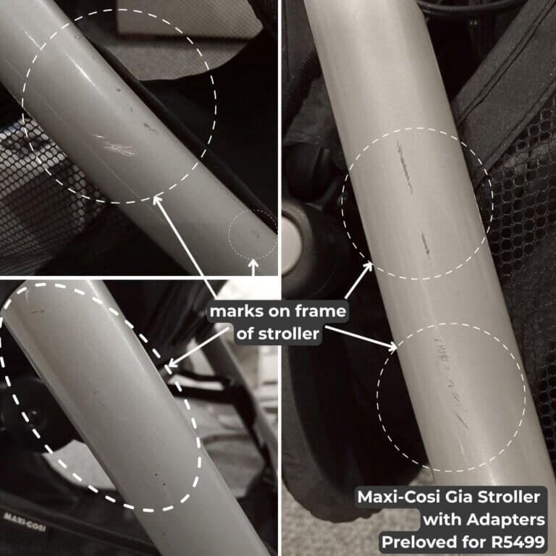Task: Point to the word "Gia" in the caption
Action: tap(460, 499)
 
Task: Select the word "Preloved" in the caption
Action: tap(419, 541)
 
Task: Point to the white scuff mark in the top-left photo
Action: tap(116, 147)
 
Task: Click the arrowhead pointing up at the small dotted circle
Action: tap(253, 264)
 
